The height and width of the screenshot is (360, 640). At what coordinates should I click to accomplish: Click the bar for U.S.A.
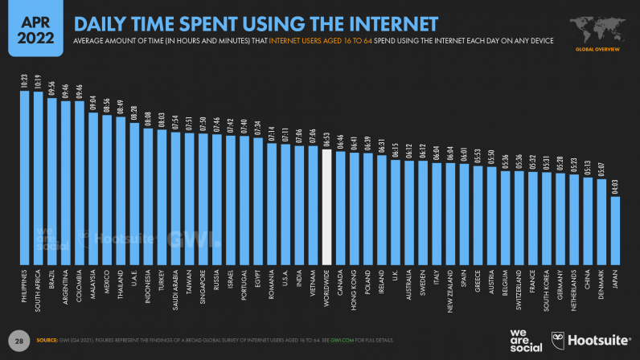coord(285,205)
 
